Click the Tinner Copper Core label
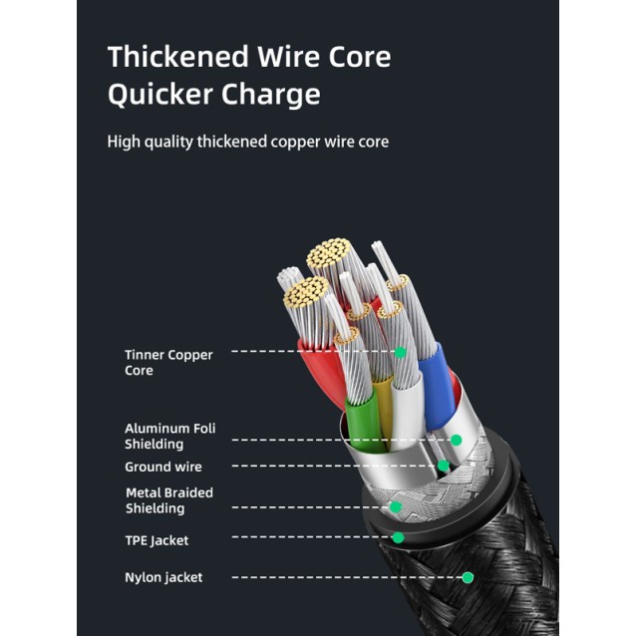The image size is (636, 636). pos(168,362)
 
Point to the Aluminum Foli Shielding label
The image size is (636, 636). pos(169,436)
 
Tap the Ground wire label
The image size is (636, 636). pos(162,467)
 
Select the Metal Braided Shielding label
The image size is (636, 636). pos(169,500)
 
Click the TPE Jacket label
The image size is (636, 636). pos(157,540)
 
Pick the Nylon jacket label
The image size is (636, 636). pos(163,577)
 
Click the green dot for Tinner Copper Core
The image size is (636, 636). pos(400,352)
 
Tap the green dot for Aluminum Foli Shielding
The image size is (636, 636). pos(456,440)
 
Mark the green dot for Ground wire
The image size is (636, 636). pos(443,466)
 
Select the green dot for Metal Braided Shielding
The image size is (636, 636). pos(395,506)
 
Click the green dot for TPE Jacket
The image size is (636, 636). pos(398,537)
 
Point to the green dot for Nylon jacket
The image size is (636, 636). pos(468,576)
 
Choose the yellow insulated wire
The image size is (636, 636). pos(383,409)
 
